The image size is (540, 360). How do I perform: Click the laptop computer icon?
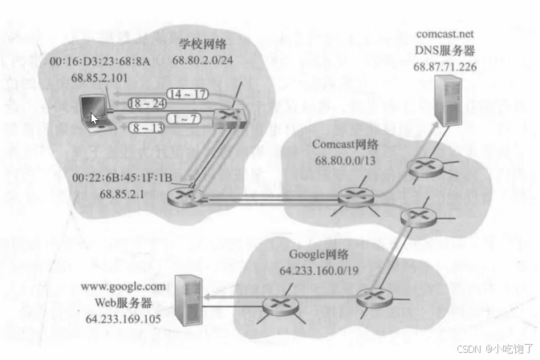point(97,115)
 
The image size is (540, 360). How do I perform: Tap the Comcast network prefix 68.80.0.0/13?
point(344,160)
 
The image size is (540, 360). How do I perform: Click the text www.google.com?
point(125,285)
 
